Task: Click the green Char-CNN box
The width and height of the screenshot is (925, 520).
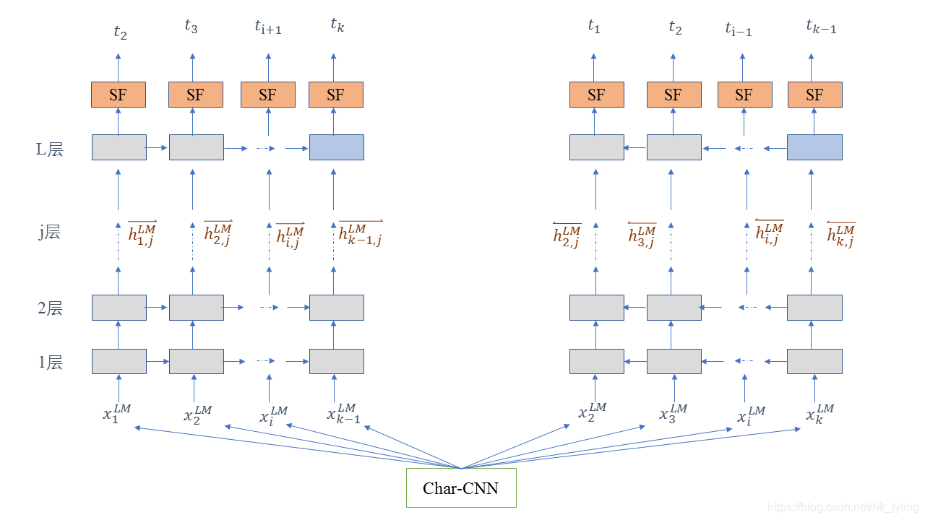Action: pyautogui.click(x=461, y=488)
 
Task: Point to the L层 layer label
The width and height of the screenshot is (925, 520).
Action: pyautogui.click(x=50, y=149)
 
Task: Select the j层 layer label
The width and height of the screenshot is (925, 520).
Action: pyautogui.click(x=50, y=233)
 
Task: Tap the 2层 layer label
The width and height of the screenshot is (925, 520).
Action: pyautogui.click(x=50, y=308)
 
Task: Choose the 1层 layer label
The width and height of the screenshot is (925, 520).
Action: pyautogui.click(x=50, y=363)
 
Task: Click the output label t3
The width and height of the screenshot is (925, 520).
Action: pyautogui.click(x=191, y=27)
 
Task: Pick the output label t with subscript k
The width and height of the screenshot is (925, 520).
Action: pyautogui.click(x=337, y=25)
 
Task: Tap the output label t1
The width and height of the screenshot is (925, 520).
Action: pyautogui.click(x=594, y=27)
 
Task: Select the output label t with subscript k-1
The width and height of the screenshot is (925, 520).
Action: pyautogui.click(x=821, y=27)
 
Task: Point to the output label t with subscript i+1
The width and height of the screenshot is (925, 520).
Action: pyautogui.click(x=267, y=28)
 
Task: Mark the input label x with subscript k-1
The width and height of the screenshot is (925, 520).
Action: pyautogui.click(x=343, y=413)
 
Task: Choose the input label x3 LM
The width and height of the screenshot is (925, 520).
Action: pyautogui.click(x=674, y=413)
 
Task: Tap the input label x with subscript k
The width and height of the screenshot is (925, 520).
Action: pyautogui.click(x=820, y=414)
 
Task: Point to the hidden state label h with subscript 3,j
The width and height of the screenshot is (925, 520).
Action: pyautogui.click(x=642, y=235)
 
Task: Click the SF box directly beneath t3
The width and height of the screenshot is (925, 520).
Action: pyautogui.click(x=195, y=95)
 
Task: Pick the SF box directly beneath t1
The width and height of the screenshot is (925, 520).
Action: pyautogui.click(x=596, y=95)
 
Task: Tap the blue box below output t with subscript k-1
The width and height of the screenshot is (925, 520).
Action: pyautogui.click(x=814, y=147)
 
